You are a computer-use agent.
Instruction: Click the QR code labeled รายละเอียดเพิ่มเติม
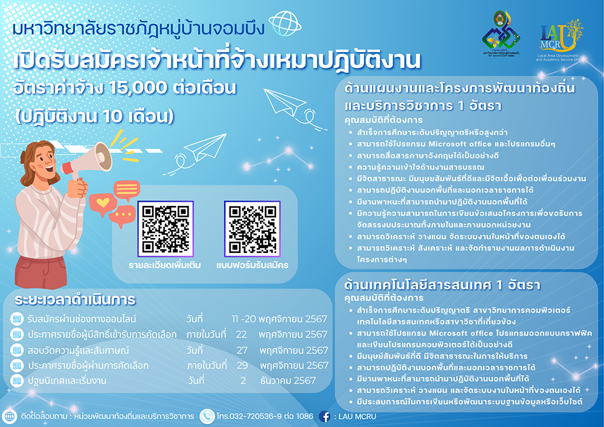[165, 229]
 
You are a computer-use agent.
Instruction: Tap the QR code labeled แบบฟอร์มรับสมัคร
[252, 229]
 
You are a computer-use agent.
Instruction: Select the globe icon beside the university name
[284, 24]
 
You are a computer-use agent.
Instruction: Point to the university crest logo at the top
[501, 34]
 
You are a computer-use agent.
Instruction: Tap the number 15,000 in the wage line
[138, 88]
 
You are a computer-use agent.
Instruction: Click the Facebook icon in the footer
[325, 416]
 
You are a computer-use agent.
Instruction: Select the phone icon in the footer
[207, 416]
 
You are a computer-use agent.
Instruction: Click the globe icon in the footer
[9, 417]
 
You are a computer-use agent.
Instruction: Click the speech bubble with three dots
[122, 216]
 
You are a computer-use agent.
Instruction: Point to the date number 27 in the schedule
[242, 350]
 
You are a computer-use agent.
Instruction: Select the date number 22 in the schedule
[241, 334]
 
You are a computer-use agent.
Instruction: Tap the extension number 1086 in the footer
[305, 416]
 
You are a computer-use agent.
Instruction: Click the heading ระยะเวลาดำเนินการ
[75, 300]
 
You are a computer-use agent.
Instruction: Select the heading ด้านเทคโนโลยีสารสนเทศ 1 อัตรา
[442, 285]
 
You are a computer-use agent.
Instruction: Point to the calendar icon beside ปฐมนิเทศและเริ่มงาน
[16, 380]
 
